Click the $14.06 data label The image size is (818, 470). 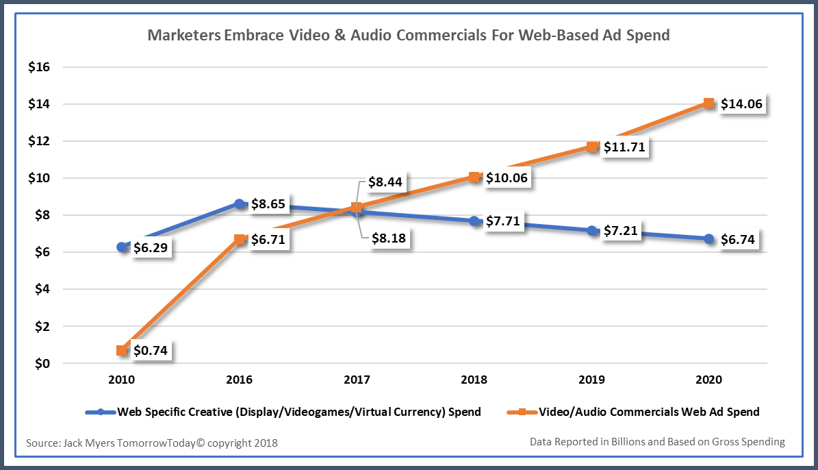[x=741, y=104]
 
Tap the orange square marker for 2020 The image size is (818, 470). [x=709, y=103]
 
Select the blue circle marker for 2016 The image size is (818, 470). [x=240, y=204]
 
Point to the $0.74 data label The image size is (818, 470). [x=150, y=351]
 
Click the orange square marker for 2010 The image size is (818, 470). [x=122, y=351]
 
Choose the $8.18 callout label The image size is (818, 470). [x=389, y=239]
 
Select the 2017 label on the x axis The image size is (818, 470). [x=357, y=380]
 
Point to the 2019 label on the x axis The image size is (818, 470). [x=591, y=380]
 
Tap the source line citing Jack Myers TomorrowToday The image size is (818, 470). [x=152, y=443]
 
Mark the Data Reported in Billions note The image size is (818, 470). [x=657, y=442]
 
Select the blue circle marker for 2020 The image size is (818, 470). [x=709, y=238]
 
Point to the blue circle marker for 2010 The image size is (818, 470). [x=122, y=247]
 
